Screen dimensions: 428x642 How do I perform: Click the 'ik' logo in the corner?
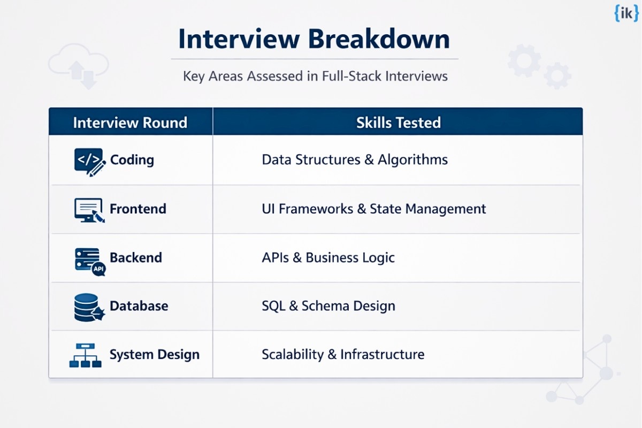(626, 13)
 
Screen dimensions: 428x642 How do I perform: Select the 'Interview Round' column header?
(130, 123)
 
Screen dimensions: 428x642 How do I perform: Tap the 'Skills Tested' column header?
(399, 123)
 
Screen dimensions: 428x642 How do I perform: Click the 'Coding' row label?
(132, 159)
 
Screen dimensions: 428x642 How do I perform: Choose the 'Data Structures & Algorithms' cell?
(355, 159)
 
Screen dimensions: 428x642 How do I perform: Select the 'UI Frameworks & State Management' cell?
(374, 209)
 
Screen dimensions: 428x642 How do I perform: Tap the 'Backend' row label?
(136, 257)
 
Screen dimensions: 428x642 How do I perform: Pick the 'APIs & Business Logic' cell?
(328, 257)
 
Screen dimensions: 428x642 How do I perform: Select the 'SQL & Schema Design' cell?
(328, 306)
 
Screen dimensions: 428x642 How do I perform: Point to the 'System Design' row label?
(155, 355)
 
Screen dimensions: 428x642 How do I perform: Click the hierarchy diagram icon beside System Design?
(86, 355)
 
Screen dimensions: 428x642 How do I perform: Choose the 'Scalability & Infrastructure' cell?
(343, 355)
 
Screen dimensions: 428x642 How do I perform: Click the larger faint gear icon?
(524, 60)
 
